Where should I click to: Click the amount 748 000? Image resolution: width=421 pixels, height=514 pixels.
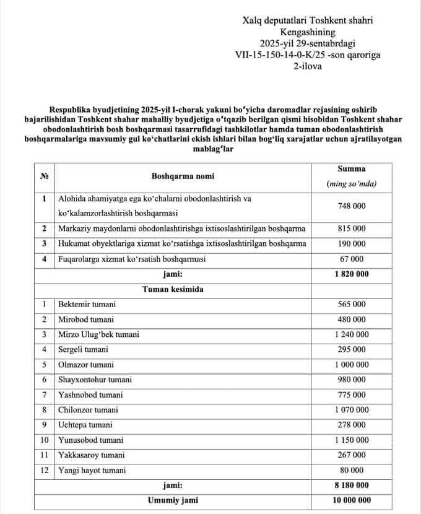coord(351,206)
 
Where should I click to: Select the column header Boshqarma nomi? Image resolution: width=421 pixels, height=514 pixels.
coord(183,176)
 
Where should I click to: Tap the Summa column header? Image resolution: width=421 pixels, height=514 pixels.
coord(351,168)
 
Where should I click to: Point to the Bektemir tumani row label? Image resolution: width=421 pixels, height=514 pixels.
coord(87,305)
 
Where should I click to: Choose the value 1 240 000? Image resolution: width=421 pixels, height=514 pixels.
coord(351,334)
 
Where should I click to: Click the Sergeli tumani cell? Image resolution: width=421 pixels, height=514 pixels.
coord(82,349)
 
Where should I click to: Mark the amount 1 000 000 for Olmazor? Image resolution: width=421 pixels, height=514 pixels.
coord(351,365)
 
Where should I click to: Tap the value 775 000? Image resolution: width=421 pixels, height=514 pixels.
coord(351,394)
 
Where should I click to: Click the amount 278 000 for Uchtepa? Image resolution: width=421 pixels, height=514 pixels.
coord(351,425)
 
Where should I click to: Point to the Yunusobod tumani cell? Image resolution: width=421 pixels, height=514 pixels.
coord(90,440)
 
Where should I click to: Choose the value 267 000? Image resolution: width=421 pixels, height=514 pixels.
coord(351,455)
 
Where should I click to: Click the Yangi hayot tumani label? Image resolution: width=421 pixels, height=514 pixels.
coord(92,470)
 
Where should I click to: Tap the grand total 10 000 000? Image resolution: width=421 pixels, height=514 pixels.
coord(351,500)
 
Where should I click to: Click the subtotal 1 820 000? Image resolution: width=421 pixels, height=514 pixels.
coord(351,274)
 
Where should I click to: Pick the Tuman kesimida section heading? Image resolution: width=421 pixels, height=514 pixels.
coord(173,289)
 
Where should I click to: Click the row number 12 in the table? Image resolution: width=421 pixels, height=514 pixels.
coord(45,470)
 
